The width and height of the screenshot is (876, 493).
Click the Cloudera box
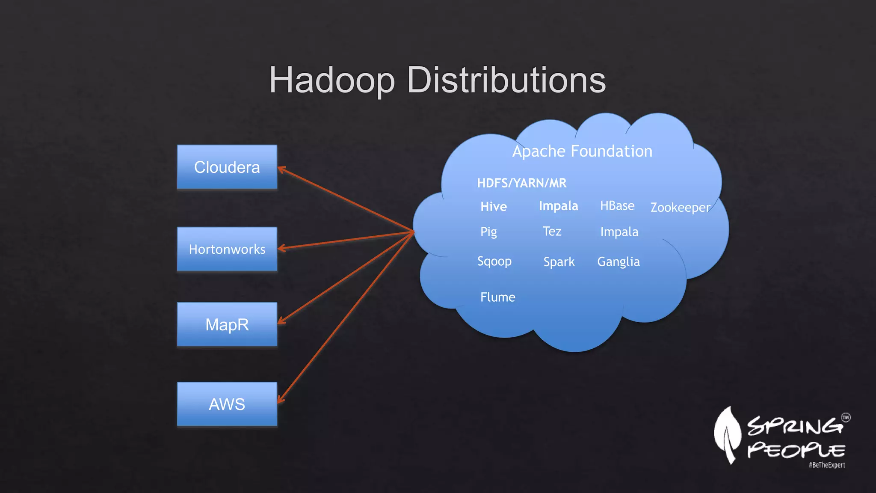point(227,167)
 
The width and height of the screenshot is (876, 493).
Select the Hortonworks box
point(227,249)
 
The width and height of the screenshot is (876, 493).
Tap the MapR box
point(227,324)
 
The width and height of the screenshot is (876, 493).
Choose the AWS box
point(227,404)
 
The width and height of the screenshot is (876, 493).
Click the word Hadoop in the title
point(332,80)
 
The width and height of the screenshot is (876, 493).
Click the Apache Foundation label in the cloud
point(582,151)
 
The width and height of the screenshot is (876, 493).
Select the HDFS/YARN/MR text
point(521,183)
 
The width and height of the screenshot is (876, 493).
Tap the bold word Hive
point(494,207)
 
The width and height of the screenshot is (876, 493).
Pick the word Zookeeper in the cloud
point(680,208)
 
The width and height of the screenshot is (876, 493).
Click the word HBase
point(617,206)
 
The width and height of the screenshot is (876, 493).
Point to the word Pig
point(488,232)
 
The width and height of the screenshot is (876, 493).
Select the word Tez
point(552,232)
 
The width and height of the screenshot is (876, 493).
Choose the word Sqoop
point(494,261)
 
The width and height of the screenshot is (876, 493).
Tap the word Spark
point(559,262)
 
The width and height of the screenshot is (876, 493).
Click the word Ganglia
point(619,261)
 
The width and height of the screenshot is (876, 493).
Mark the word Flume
point(497,297)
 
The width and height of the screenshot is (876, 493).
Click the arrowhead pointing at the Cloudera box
point(281,169)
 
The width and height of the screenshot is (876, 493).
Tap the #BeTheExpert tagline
point(827,465)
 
